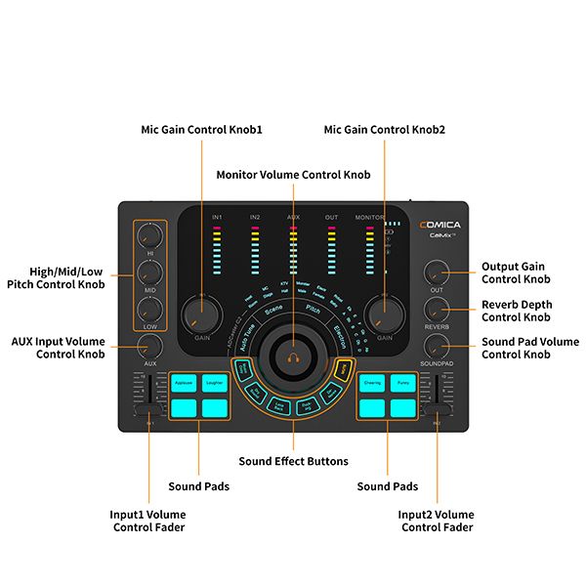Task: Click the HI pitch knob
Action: click(x=149, y=234)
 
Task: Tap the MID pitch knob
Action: click(x=149, y=271)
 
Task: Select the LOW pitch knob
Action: click(x=149, y=307)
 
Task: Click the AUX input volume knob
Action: click(x=149, y=344)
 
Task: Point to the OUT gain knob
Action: click(x=436, y=272)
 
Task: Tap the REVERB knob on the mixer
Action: click(x=436, y=309)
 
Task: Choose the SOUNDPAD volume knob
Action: click(x=436, y=344)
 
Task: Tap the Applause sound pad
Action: click(x=184, y=384)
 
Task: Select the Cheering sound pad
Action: click(x=372, y=384)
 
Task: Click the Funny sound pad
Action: click(x=403, y=384)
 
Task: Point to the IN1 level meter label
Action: click(x=217, y=217)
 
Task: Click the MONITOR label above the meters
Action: click(x=369, y=217)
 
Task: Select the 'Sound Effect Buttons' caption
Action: click(x=293, y=461)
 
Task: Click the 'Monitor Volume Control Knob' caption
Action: click(x=293, y=175)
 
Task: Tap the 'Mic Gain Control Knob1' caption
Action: click(x=203, y=129)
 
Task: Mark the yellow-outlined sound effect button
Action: click(x=343, y=368)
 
